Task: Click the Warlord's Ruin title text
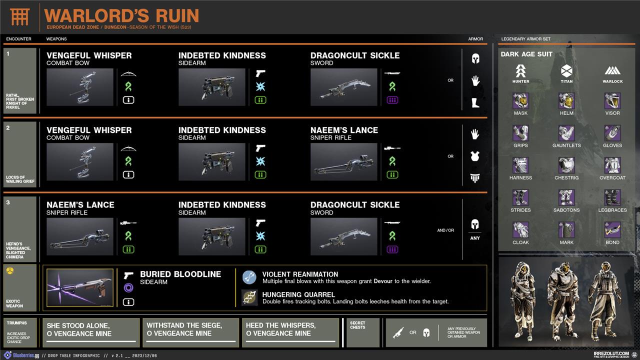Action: (121, 15)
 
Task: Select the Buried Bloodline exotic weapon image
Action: (80, 287)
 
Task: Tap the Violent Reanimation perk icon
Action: (249, 278)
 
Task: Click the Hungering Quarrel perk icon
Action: (249, 298)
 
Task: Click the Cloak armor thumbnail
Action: (520, 230)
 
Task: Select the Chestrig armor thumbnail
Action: (566, 165)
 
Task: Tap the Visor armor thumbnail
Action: (612, 100)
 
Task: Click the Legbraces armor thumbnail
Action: (612, 197)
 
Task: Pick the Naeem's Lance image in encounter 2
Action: (343, 161)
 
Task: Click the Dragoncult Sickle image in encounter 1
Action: (343, 87)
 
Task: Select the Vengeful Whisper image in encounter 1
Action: (80, 87)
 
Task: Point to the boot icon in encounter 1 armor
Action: (475, 103)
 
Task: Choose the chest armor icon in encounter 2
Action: (475, 156)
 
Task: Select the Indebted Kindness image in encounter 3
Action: (212, 236)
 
